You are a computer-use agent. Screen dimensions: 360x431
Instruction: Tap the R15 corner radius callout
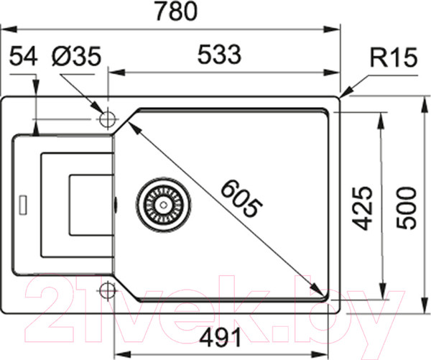point(394,58)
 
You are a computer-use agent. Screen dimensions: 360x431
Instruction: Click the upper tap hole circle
point(108,118)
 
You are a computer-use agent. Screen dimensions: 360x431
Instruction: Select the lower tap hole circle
point(108,291)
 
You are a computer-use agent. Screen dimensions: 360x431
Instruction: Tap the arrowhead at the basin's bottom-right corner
point(318,291)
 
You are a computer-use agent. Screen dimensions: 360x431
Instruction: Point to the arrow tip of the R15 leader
point(341,95)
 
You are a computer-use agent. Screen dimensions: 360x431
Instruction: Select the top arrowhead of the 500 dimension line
point(420,99)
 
